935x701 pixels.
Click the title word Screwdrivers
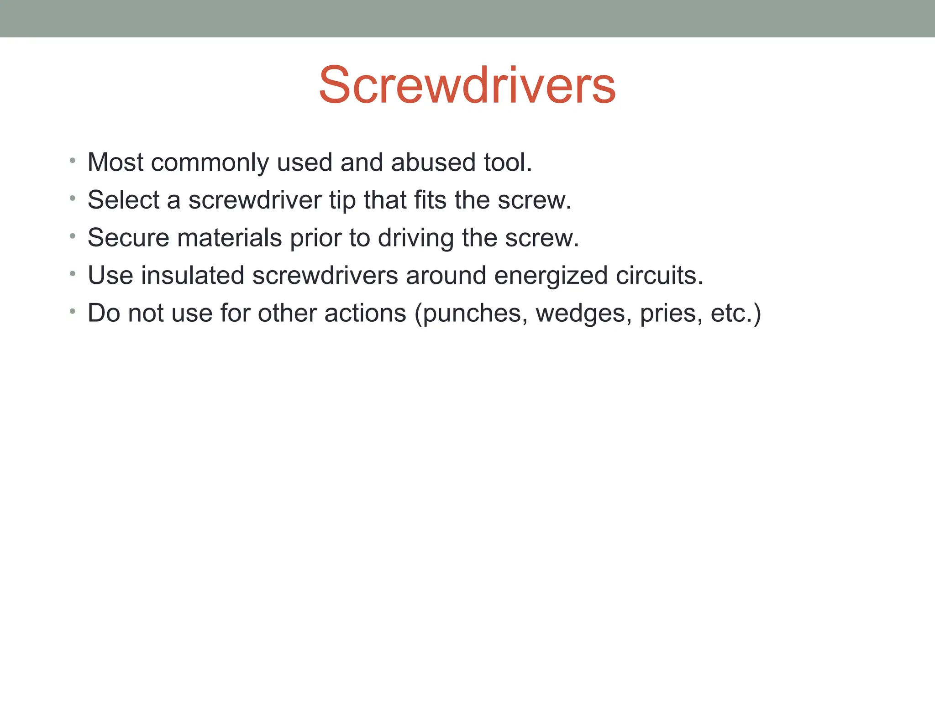click(467, 85)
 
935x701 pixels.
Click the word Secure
click(128, 238)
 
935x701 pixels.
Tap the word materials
click(229, 238)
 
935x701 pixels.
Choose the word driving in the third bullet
click(415, 239)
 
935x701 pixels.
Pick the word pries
click(671, 314)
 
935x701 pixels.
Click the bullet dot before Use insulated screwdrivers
click(72, 274)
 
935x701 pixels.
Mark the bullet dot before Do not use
click(72, 312)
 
